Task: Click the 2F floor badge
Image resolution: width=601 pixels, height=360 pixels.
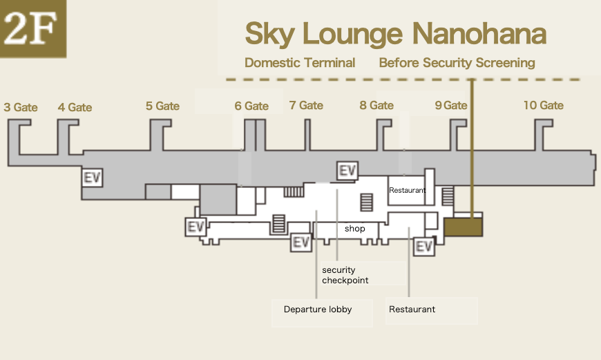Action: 33,29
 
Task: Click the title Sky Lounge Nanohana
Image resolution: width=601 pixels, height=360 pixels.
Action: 396,33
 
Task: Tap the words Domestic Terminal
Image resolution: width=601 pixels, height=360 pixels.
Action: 300,63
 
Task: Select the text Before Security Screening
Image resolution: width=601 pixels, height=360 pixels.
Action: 457,63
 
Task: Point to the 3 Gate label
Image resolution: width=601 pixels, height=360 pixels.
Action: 21,107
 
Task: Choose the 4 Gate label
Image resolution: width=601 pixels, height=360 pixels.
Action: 75,107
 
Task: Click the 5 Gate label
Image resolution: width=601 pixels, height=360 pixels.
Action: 162,106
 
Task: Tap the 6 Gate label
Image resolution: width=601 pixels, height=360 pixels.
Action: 251,106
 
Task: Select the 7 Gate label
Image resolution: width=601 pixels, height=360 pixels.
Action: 306,105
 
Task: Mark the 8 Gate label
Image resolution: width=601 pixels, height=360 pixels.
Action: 376,105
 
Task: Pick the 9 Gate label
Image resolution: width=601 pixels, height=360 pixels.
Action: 451,105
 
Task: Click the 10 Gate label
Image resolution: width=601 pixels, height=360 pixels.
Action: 543,105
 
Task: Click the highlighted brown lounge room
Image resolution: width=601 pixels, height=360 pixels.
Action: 462,227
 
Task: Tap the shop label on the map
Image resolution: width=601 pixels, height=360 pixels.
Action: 354,229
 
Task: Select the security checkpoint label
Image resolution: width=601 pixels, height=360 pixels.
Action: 345,276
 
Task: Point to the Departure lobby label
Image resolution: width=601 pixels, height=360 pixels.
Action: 318,310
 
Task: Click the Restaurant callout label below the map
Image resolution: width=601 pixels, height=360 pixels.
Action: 412,310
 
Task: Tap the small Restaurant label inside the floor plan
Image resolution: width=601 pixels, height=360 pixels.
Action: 407,190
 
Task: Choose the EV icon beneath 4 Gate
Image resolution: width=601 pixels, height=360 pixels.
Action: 92,178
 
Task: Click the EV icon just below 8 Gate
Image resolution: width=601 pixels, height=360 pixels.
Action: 347,170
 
